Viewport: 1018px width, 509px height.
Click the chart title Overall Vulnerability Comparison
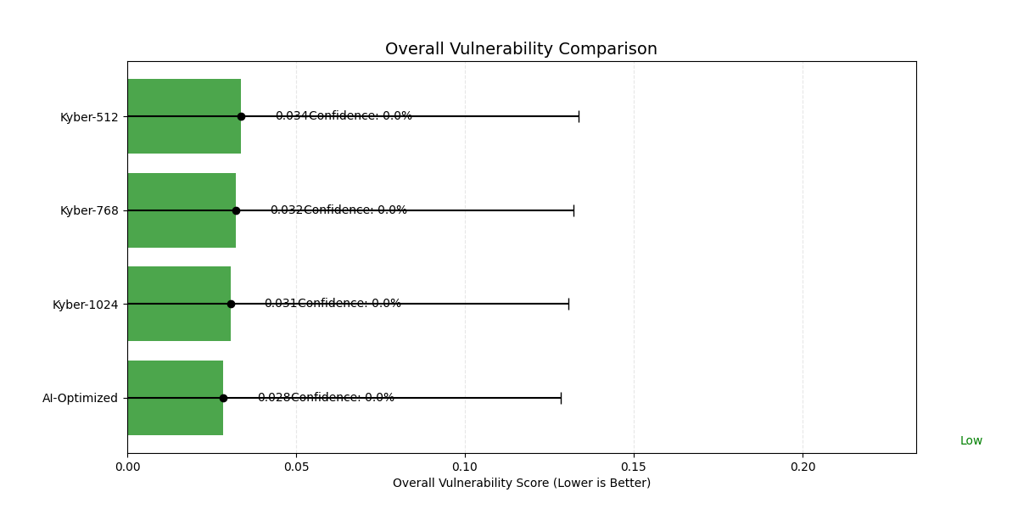(521, 49)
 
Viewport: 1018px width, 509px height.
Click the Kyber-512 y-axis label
(89, 117)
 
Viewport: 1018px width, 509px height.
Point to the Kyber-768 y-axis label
(89, 210)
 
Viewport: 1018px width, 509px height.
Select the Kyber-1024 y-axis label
(86, 305)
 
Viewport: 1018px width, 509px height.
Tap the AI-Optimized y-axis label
(81, 398)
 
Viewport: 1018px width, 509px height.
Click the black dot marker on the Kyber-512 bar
(241, 116)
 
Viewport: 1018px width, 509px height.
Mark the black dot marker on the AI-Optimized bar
(223, 398)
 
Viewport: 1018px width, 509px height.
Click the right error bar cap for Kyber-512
(579, 116)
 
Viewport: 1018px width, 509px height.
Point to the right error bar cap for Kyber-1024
(568, 304)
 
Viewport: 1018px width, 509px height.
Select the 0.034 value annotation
(291, 116)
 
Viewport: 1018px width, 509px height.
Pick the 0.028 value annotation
(273, 397)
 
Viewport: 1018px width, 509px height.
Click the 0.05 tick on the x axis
(296, 467)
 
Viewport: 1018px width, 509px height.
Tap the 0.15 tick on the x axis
(634, 467)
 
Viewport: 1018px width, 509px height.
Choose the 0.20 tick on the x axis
(803, 467)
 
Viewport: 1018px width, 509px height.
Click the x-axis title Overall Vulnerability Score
(521, 483)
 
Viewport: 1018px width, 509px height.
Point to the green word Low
(970, 441)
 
